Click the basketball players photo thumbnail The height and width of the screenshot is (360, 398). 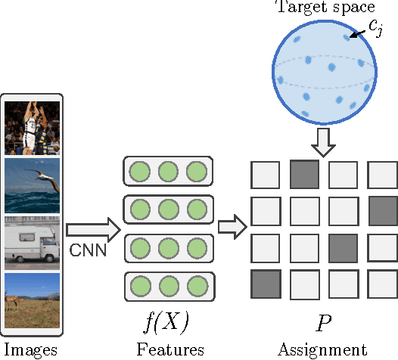(x=32, y=127)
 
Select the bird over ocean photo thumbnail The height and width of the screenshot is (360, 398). (x=32, y=185)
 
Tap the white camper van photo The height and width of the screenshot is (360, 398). (x=32, y=243)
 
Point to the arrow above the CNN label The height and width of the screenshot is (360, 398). (x=93, y=228)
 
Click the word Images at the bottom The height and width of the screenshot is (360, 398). (x=31, y=349)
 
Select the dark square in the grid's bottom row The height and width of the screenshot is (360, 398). (x=266, y=284)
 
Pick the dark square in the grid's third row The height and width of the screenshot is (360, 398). (x=344, y=247)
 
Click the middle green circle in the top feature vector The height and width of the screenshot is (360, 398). (x=167, y=172)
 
